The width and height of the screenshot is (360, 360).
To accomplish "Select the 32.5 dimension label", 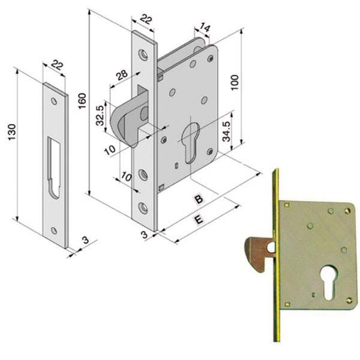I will pyautogui.click(x=101, y=112).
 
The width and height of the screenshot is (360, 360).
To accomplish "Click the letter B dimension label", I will pyautogui.click(x=197, y=199).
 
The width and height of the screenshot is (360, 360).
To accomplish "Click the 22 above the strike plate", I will pyautogui.click(x=57, y=65).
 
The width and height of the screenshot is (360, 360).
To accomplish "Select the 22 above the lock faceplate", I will pyautogui.click(x=146, y=20).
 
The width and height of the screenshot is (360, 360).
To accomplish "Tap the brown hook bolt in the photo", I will pyautogui.click(x=257, y=253).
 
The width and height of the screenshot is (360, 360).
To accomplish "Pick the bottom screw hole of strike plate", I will pyautogui.click(x=54, y=230).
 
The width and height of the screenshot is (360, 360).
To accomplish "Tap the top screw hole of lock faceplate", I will pyautogui.click(x=144, y=55).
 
